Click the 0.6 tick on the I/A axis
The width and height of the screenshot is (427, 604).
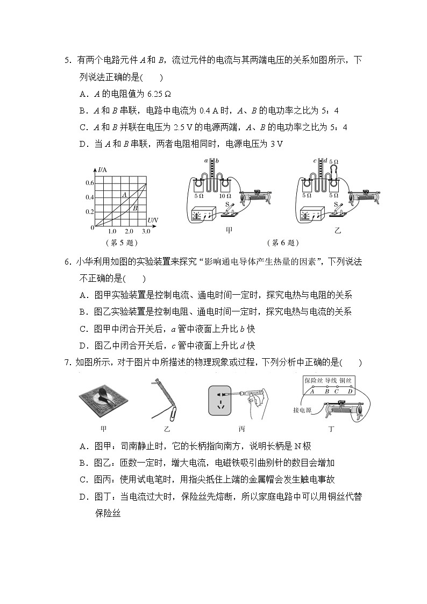pos(90,183)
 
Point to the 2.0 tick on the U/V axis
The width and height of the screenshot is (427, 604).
pos(129,231)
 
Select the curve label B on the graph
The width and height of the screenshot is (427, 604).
pos(135,208)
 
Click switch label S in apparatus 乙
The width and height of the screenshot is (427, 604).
pos(336,204)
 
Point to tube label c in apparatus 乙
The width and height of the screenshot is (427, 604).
pos(315,161)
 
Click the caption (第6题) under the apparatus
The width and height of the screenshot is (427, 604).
pos(283,243)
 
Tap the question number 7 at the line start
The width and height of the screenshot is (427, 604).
pos(67,363)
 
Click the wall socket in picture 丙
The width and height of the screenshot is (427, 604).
pos(222,401)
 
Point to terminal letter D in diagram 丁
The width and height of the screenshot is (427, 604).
pos(350,391)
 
